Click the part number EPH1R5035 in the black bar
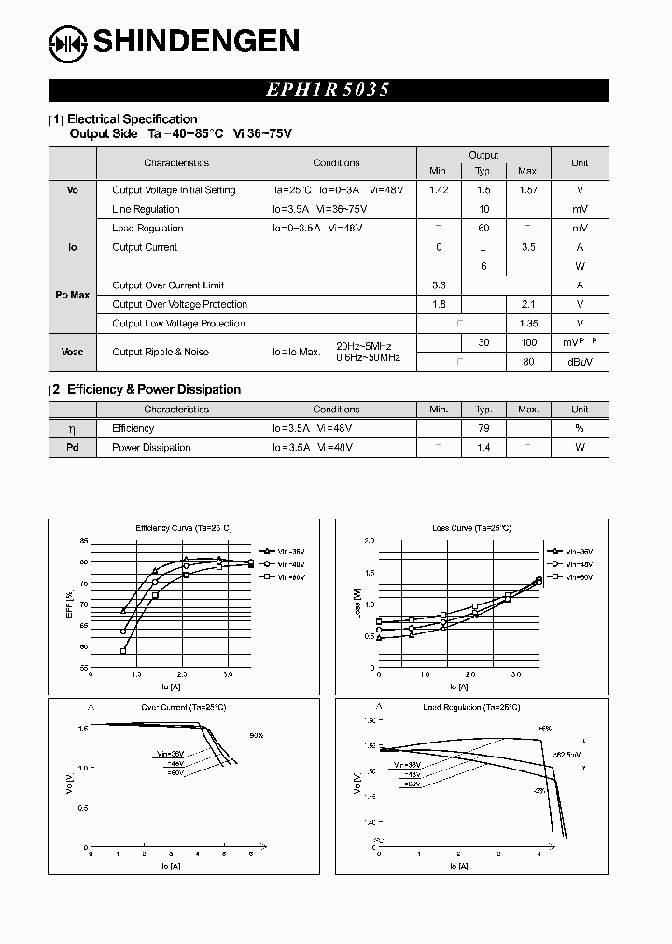click(328, 90)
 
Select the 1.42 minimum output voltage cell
click(439, 190)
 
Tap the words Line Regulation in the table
click(146, 209)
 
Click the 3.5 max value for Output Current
click(528, 247)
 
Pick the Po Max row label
click(73, 295)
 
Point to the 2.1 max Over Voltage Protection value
click(528, 304)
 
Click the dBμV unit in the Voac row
click(580, 362)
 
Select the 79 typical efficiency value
click(483, 428)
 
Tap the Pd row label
click(73, 448)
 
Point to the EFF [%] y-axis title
click(70, 605)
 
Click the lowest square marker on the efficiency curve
click(123, 652)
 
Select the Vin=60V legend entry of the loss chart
click(571, 577)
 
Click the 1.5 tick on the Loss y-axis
click(369, 573)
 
